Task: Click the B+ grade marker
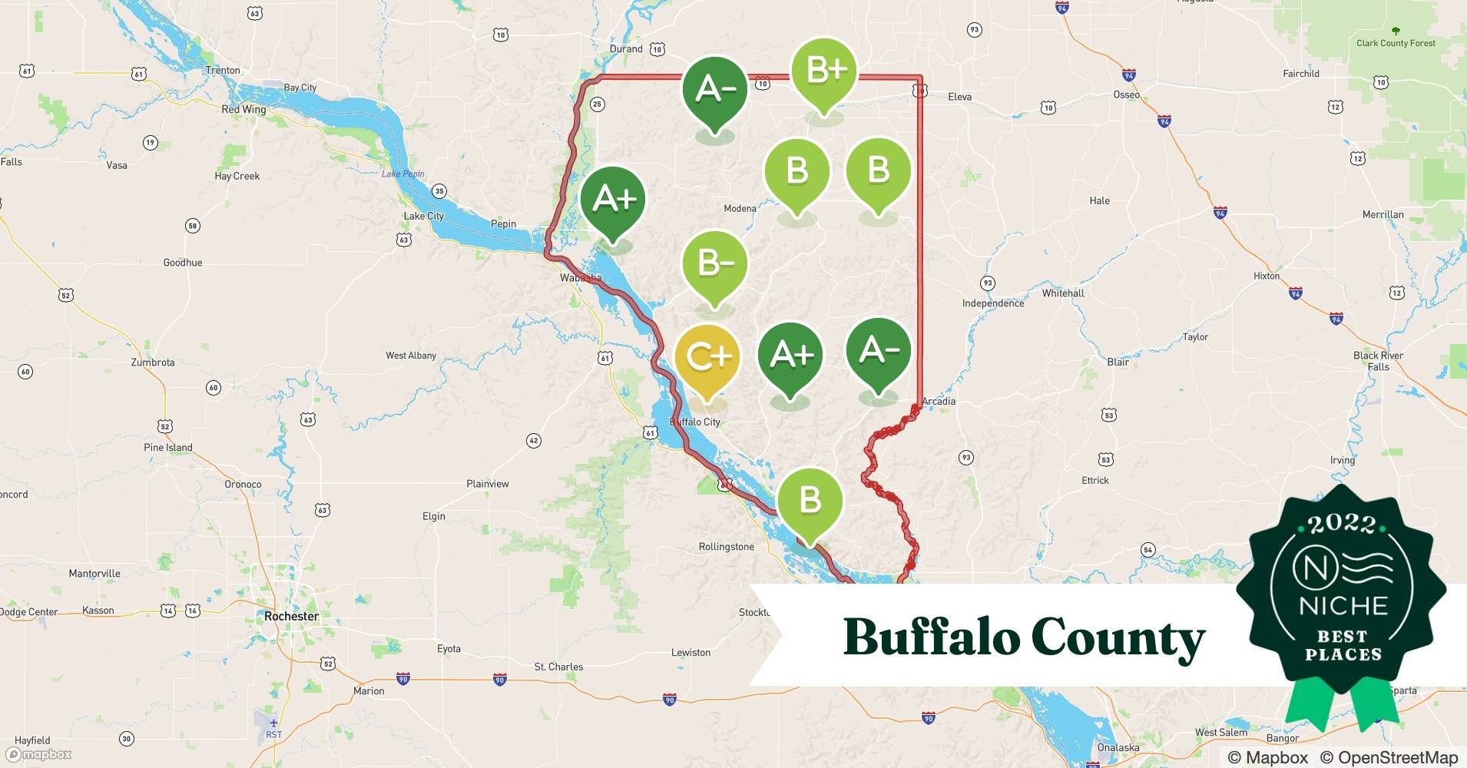point(823,71)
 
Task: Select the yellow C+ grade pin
point(707,358)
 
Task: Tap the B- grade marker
point(715,263)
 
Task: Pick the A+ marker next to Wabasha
point(613,199)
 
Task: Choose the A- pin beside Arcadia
point(878,350)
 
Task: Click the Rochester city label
point(291,616)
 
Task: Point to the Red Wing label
point(243,109)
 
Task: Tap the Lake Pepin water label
point(403,174)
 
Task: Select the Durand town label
point(626,48)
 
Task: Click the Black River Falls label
point(1378,361)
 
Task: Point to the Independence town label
point(993,303)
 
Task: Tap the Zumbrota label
point(153,362)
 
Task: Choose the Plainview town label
point(488,484)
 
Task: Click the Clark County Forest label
point(1396,43)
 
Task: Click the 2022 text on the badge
point(1342,524)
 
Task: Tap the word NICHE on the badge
point(1343,605)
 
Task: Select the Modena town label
point(740,208)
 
